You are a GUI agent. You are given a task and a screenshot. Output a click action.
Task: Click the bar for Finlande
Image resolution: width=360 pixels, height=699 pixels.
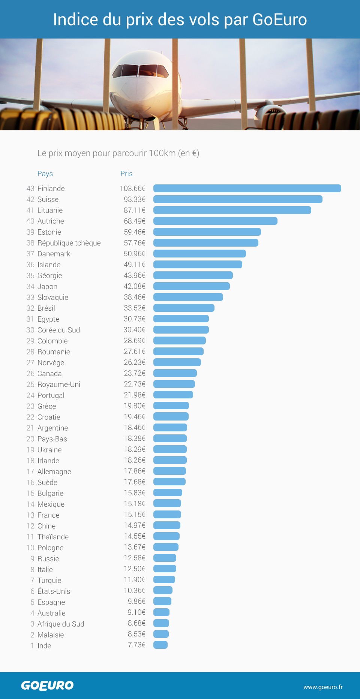click(247, 189)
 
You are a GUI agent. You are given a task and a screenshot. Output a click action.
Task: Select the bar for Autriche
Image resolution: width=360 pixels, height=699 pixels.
click(215, 221)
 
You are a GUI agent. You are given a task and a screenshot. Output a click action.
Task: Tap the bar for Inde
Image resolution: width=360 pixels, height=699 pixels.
click(160, 645)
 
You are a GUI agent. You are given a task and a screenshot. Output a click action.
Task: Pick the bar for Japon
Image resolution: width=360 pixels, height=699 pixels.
click(192, 286)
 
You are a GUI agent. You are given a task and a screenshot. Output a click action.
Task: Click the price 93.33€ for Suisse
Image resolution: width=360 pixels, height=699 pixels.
click(135, 199)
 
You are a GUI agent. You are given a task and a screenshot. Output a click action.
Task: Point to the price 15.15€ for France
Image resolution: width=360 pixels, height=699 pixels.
click(135, 515)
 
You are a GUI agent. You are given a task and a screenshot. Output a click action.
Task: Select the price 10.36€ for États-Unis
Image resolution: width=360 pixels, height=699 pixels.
click(135, 591)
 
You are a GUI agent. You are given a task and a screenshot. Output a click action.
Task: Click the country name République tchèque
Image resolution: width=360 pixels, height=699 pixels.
click(69, 243)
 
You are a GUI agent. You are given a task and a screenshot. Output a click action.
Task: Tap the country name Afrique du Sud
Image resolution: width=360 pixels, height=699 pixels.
click(61, 624)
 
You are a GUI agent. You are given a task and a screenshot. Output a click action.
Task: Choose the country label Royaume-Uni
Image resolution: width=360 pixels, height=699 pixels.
click(59, 385)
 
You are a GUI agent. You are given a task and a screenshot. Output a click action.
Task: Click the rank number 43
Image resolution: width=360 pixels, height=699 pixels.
click(30, 189)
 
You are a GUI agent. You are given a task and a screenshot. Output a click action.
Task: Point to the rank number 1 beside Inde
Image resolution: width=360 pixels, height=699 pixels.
click(32, 646)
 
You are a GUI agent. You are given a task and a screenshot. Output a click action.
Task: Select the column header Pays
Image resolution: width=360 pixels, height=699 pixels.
click(45, 174)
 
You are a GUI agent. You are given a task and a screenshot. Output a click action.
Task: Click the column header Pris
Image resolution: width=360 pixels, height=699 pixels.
click(126, 174)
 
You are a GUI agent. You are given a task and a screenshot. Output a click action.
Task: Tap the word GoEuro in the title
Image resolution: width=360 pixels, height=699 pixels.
click(280, 19)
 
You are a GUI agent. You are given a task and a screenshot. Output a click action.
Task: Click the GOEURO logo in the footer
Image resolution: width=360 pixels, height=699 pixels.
click(47, 686)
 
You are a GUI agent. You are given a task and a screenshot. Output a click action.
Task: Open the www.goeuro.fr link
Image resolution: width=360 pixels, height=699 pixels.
click(323, 687)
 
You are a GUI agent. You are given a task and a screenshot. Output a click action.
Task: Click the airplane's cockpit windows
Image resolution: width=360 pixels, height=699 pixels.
click(141, 70)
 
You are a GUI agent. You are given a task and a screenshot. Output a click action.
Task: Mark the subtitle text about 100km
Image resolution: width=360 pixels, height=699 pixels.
click(118, 153)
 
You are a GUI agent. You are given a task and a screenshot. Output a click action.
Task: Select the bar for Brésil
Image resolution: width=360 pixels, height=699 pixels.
click(184, 308)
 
